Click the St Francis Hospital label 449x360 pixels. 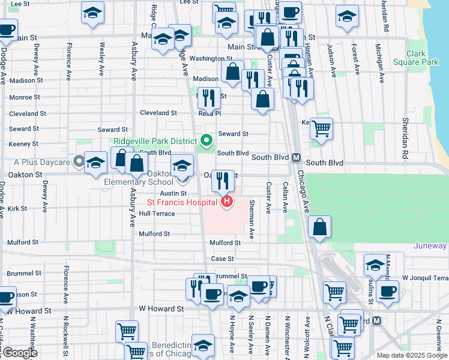(182, 202)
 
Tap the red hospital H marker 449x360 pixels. (227, 202)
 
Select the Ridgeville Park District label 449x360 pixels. (155, 142)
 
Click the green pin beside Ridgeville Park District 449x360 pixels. (207, 141)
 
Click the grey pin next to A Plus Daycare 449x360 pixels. (79, 161)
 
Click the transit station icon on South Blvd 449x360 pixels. (296, 158)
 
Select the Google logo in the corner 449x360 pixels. (19, 353)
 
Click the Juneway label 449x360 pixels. (430, 246)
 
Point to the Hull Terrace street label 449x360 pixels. (157, 214)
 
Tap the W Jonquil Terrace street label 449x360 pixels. (425, 278)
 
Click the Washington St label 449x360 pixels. (211, 59)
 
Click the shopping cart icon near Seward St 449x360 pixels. (322, 128)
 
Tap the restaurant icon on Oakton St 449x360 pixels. (222, 179)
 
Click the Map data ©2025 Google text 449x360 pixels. (412, 355)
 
